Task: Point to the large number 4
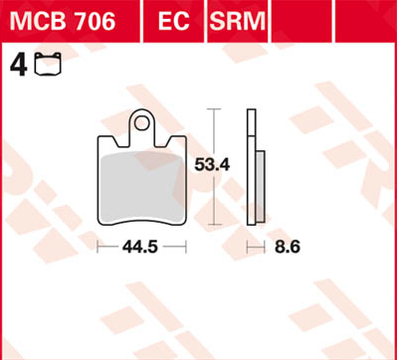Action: [16, 66]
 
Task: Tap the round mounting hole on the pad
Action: [144, 125]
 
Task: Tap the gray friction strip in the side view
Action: [260, 190]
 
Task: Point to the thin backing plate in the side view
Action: [250, 169]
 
